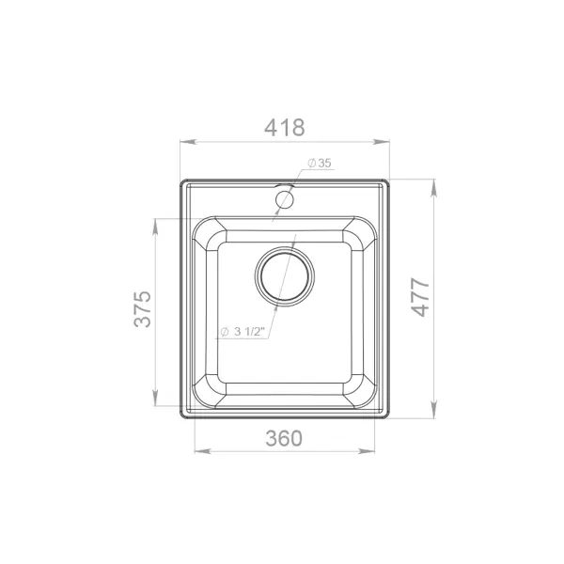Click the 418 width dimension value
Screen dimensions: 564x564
285,128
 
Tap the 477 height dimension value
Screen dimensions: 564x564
420,297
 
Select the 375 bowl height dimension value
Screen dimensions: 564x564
143,308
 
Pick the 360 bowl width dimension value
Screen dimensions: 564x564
284,438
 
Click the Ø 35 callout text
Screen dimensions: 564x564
320,163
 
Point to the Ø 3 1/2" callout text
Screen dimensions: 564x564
243,331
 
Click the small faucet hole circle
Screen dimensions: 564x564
285,199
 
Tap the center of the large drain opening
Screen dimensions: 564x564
285,276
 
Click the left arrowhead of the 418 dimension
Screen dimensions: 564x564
188,142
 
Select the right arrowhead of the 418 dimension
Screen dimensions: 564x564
382,142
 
